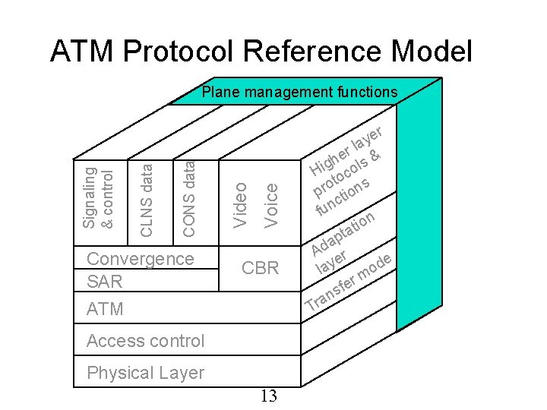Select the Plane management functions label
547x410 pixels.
coord(299,93)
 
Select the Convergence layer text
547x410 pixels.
coord(141,258)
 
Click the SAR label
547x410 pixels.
coord(105,282)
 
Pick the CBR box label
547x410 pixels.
coord(260,268)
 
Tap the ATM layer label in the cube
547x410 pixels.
coord(105,309)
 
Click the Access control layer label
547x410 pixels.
coord(145,341)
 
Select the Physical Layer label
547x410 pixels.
coord(145,373)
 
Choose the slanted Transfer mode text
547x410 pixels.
coord(350,288)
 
